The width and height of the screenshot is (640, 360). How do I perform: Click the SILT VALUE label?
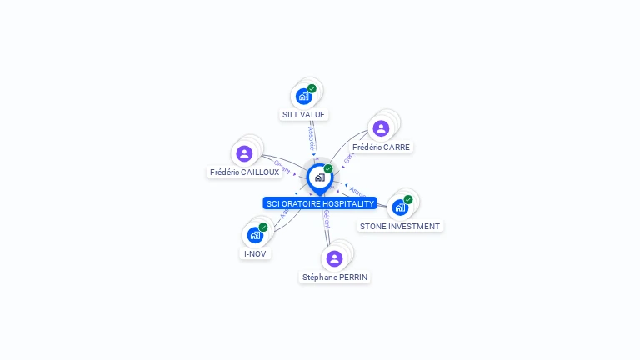(x=303, y=114)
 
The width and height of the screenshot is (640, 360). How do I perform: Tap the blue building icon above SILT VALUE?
(x=303, y=97)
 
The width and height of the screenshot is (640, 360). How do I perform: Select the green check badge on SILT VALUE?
(x=312, y=88)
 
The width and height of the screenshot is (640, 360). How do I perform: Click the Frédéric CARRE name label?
(x=382, y=147)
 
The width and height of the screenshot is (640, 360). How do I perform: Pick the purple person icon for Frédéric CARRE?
(x=381, y=128)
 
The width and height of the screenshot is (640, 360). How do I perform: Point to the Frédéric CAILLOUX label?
(x=244, y=172)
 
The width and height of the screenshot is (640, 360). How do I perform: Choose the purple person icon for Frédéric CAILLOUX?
(x=244, y=153)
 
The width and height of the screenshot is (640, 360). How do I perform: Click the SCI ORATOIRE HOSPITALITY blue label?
(x=320, y=203)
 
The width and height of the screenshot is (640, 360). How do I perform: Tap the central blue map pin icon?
(x=319, y=177)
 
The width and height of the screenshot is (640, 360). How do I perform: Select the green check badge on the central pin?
(x=328, y=169)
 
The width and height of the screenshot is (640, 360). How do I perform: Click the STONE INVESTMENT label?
(x=400, y=226)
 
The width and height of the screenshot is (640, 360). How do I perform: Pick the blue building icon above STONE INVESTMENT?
(x=400, y=207)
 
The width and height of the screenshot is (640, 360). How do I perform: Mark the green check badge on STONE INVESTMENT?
(x=408, y=199)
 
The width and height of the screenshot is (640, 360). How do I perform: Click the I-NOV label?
(x=255, y=253)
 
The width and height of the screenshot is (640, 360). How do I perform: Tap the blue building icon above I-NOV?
(x=255, y=235)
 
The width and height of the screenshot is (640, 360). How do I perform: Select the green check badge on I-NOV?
(x=263, y=227)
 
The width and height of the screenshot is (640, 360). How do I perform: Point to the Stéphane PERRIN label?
(x=335, y=277)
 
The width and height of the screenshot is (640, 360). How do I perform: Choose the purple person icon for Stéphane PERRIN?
(x=334, y=258)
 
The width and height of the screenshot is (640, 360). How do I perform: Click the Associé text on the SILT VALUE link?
(x=311, y=137)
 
